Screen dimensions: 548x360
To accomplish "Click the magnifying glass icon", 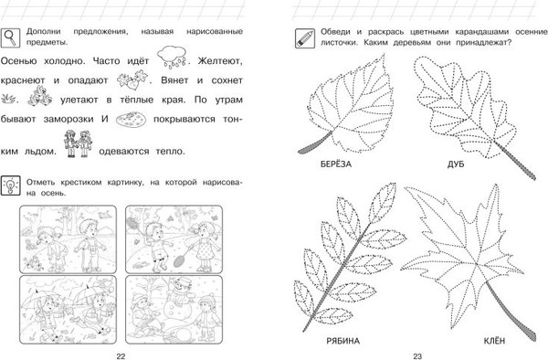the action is pos(10,37).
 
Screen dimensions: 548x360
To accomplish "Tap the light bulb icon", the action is pos(10,185).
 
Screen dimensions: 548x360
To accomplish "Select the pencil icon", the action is pos(305,38).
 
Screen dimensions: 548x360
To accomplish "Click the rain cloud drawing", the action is pos(172,57).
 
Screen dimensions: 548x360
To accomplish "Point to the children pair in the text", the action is pos(78,143).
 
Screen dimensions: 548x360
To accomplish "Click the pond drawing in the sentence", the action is pos(131,119).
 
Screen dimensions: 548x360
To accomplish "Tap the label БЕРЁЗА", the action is pos(336,164).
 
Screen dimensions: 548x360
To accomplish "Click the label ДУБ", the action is pos(456,164).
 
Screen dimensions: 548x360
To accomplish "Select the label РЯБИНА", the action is pos(342,341).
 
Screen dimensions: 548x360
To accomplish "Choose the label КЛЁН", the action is pos(494,341).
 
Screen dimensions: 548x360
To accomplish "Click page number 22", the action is pos(121,356).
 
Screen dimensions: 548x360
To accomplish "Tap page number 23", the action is pos(417,356).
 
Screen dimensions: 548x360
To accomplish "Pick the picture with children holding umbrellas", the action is pos(68,310).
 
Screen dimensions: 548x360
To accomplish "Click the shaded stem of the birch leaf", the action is pos(315,143).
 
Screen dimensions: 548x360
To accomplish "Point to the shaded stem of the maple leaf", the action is pos(511,311).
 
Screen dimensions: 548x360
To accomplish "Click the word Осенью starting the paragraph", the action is pos(18,61).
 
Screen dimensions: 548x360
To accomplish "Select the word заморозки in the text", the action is pos(68,119).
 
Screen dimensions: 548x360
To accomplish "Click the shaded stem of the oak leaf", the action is pos(514,159).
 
